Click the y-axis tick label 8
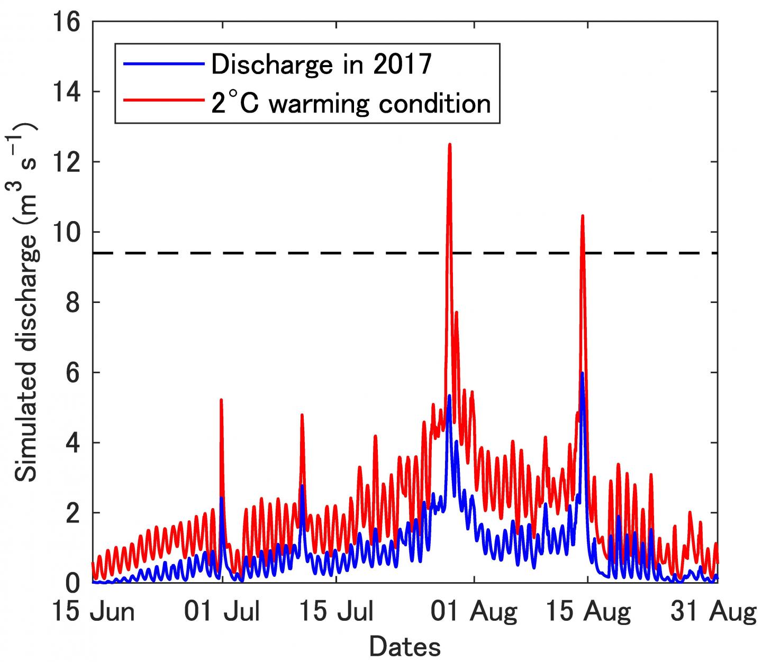coord(72,302)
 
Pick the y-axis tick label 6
coord(72,372)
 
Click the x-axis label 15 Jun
coord(93,612)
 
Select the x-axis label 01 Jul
coord(222,612)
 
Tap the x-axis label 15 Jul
coord(337,612)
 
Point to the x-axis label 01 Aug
coord(474,612)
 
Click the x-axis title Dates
coord(405,647)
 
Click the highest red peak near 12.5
coord(449,144)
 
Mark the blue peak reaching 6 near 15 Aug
coord(582,373)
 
